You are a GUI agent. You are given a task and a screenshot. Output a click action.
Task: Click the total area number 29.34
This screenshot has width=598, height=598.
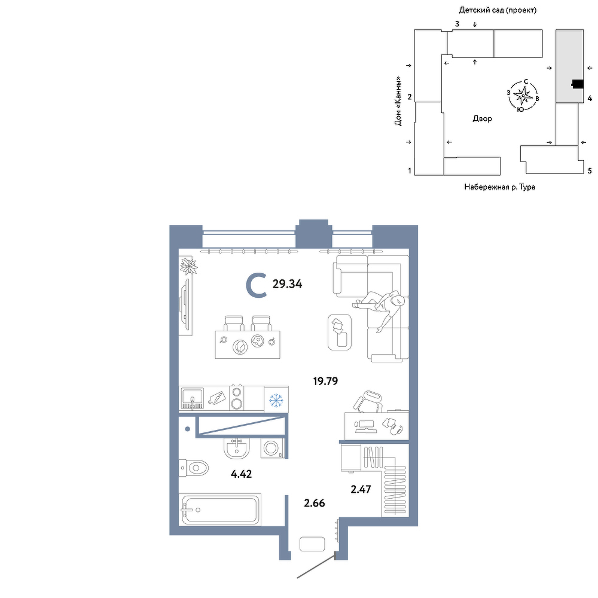click(x=287, y=284)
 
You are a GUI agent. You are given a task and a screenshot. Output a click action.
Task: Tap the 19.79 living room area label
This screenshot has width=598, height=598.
click(x=325, y=381)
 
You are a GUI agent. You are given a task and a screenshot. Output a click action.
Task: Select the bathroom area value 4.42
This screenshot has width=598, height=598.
click(x=242, y=474)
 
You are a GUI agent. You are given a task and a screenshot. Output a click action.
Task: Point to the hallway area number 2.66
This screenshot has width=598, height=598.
click(x=315, y=503)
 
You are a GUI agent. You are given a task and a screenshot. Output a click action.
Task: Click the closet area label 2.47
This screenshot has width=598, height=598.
click(x=361, y=489)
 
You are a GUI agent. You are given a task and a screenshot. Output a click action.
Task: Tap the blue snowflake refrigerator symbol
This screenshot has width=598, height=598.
click(x=276, y=400)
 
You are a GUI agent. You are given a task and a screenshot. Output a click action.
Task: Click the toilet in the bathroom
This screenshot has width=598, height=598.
click(x=194, y=468)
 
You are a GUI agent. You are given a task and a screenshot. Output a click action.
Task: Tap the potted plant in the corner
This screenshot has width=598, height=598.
click(x=188, y=266)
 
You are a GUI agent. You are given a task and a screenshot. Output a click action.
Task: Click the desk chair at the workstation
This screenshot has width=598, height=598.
click(x=368, y=401)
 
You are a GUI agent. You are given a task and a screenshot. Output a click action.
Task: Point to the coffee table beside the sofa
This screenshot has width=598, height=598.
click(x=340, y=332)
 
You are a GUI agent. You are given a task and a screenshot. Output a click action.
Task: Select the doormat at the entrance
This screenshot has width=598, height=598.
click(x=312, y=544)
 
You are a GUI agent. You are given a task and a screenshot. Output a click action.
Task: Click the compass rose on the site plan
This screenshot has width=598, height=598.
click(x=523, y=95)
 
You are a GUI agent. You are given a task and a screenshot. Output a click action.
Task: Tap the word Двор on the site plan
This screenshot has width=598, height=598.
click(x=482, y=118)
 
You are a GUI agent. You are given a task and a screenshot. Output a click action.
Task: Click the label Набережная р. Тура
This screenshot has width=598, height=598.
click(x=499, y=187)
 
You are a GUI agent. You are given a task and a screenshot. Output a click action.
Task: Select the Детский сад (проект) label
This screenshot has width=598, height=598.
click(x=498, y=10)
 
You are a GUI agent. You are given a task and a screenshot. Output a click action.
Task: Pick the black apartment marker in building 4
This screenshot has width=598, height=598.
click(x=578, y=84)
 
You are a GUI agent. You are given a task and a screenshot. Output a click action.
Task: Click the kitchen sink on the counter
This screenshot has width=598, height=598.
click(x=192, y=398)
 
